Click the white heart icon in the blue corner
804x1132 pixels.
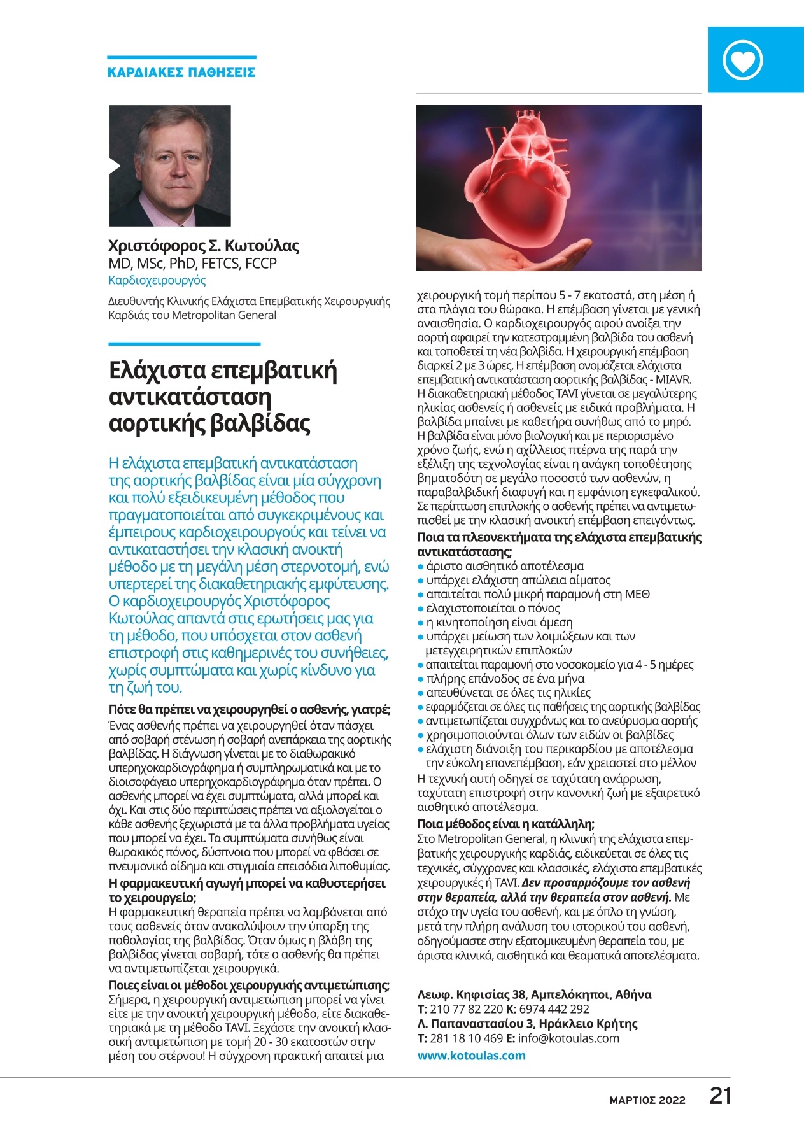point(743,60)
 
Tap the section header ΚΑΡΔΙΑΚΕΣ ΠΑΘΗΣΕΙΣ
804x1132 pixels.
point(181,73)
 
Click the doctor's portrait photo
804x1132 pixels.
point(170,166)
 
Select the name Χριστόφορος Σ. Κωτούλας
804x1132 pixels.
point(204,246)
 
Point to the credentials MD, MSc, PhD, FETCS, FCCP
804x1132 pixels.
point(192,264)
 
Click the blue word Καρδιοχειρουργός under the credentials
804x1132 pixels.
point(157,280)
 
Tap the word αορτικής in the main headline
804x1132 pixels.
point(157,423)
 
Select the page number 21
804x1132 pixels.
point(720,1096)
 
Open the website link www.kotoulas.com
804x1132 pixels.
point(471,1055)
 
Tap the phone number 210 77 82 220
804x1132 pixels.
point(467,1008)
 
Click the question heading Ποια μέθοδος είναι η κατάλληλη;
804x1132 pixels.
point(505,824)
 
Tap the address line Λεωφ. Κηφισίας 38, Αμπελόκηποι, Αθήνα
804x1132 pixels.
point(534,994)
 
